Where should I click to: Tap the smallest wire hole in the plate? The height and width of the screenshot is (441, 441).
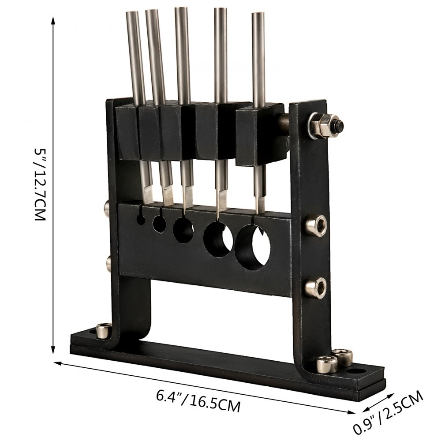pos(141,220)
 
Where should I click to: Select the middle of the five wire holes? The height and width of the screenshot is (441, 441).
pos(183,230)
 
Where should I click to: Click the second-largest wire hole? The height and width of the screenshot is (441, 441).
pos(218,239)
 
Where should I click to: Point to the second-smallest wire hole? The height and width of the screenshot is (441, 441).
pos(158,223)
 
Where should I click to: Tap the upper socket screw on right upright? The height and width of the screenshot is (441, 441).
pos(317,225)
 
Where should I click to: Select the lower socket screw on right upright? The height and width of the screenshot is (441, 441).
pos(316,287)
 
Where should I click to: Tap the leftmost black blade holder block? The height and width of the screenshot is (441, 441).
pos(128,132)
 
